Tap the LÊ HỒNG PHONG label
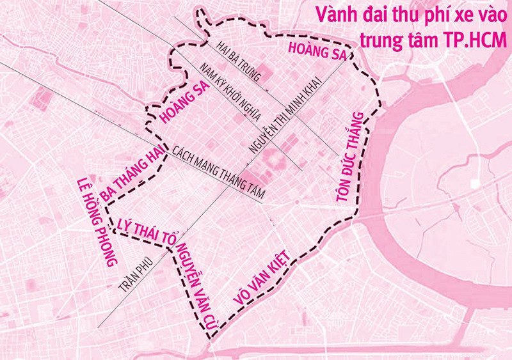tap(95, 221)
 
